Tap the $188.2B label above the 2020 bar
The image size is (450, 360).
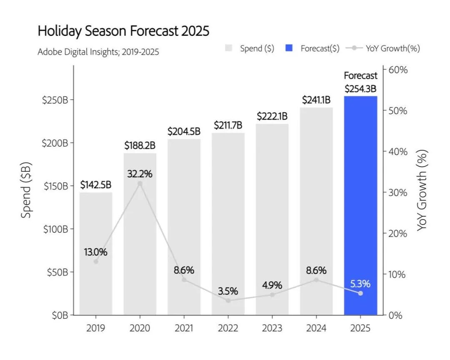(x=140, y=146)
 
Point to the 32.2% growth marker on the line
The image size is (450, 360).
(x=140, y=183)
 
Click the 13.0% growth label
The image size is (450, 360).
(x=96, y=252)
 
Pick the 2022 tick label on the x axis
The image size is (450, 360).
(x=228, y=328)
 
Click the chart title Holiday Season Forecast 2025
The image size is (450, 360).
(x=123, y=31)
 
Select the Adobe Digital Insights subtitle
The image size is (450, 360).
(x=98, y=52)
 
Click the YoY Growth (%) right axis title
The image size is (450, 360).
(x=422, y=190)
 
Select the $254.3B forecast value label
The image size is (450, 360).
(x=360, y=89)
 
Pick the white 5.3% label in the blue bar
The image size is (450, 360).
(x=360, y=284)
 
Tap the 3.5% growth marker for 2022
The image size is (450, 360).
(x=228, y=300)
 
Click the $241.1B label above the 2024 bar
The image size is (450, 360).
(x=316, y=100)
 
